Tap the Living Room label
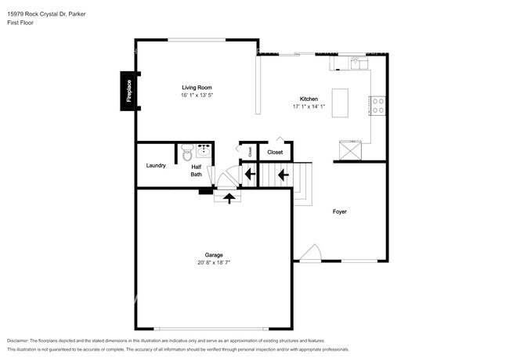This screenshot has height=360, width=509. click(x=197, y=87)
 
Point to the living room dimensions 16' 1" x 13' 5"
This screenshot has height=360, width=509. click(x=197, y=95)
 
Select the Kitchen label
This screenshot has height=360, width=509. click(x=309, y=99)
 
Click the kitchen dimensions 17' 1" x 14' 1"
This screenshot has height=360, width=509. click(x=309, y=106)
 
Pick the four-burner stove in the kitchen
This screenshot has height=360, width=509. click(x=378, y=105)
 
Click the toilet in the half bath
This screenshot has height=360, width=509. click(x=187, y=153)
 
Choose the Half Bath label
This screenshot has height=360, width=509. click(x=197, y=170)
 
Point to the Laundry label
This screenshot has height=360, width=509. click(x=155, y=165)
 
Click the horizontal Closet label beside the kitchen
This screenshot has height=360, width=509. click(x=276, y=152)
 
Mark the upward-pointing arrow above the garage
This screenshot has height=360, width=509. click(x=229, y=198)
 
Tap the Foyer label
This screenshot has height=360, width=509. click(x=339, y=211)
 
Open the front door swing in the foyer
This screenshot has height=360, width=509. click(x=310, y=252)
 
